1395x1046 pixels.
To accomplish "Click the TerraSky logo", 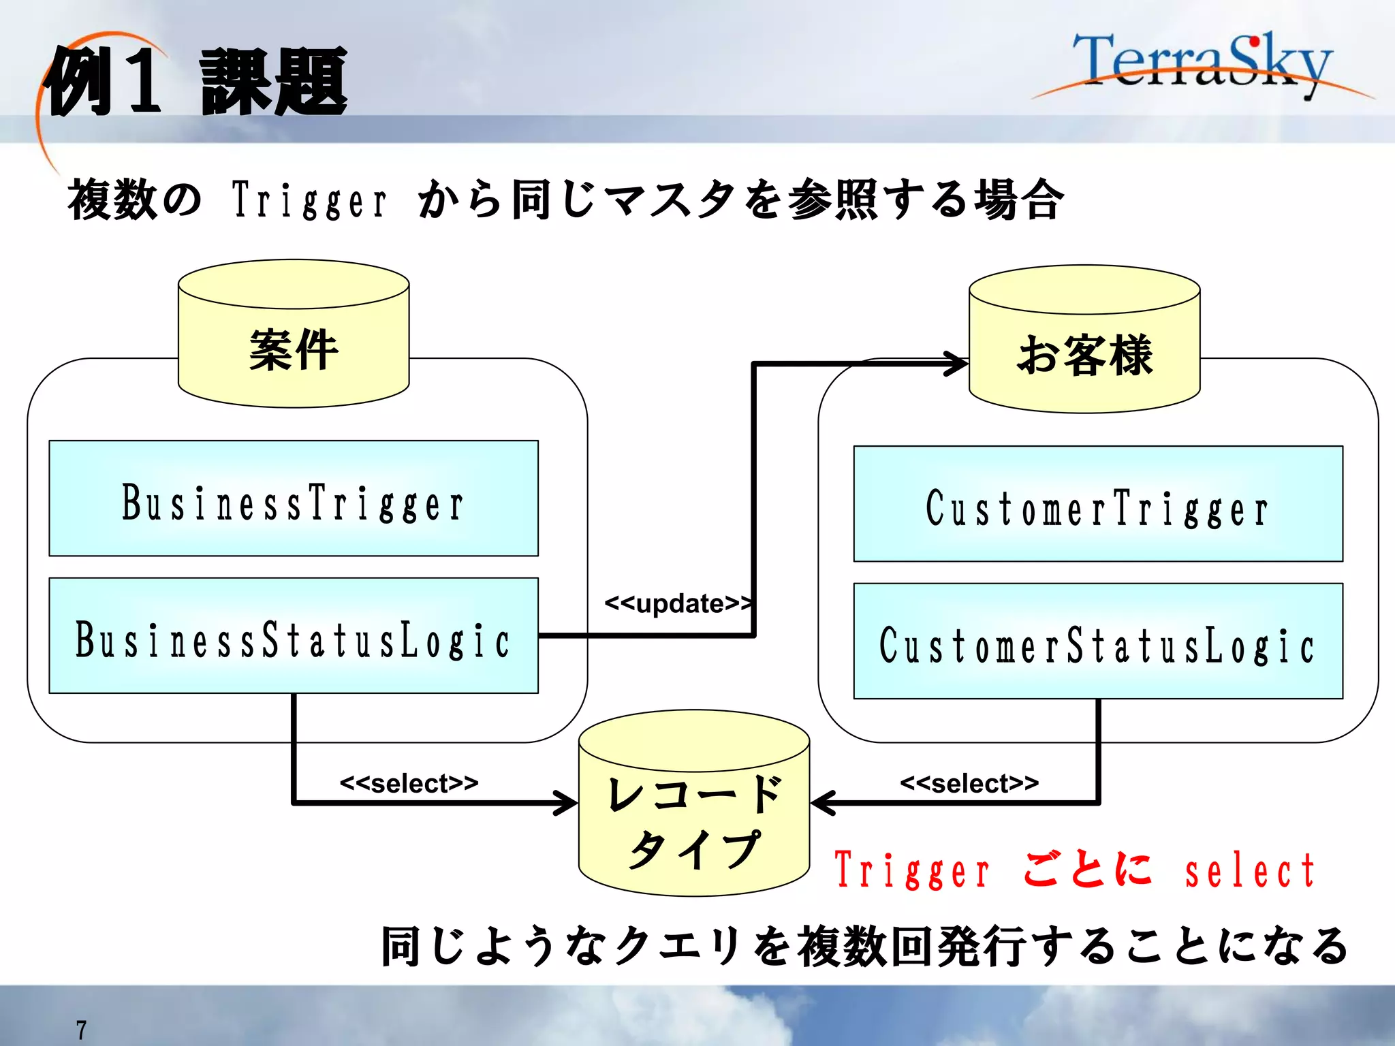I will pyautogui.click(x=1202, y=65).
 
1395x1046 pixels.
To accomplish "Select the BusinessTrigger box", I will pyautogui.click(x=294, y=498).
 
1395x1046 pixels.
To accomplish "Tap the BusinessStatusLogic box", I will pyautogui.click(x=294, y=636).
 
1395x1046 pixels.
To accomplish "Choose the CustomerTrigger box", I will pyautogui.click(x=1098, y=504).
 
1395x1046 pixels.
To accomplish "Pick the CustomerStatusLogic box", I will pyautogui.click(x=1098, y=641).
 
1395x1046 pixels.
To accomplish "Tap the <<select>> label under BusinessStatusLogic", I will pyautogui.click(x=409, y=783).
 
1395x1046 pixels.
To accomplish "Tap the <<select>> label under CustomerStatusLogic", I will pyautogui.click(x=969, y=783).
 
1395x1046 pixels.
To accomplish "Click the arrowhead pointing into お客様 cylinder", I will pyautogui.click(x=957, y=363).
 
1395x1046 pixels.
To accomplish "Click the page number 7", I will pyautogui.click(x=81, y=1029).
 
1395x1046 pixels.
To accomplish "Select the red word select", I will pyautogui.click(x=1250, y=872).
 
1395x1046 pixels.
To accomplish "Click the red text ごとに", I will pyautogui.click(x=1088, y=870).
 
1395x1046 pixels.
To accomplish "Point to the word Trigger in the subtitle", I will pyautogui.click(x=310, y=201).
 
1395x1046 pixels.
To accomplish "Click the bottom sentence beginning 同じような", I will pyautogui.click(x=864, y=947).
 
